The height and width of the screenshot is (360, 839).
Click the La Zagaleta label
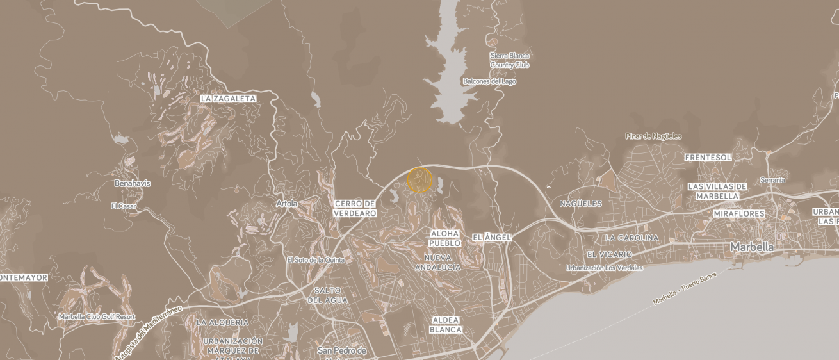click(228, 99)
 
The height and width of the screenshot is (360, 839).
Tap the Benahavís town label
click(132, 183)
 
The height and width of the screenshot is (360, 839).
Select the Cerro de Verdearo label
click(355, 208)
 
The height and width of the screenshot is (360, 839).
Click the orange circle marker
click(420, 180)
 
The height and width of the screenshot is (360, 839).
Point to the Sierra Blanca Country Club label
click(510, 60)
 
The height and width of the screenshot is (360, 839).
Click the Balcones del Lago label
click(489, 81)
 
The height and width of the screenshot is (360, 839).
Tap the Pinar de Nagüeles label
click(653, 136)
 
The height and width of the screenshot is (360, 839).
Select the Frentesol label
click(708, 157)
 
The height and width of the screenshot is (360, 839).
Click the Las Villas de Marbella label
click(717, 191)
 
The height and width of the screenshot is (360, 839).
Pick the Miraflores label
click(739, 213)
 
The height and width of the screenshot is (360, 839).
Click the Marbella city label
click(752, 247)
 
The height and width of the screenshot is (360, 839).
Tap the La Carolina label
click(631, 238)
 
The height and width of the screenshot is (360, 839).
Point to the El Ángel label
click(492, 238)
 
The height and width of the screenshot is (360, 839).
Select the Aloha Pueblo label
click(445, 238)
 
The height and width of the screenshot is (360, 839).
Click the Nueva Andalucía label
click(437, 262)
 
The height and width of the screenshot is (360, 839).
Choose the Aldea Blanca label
click(446, 325)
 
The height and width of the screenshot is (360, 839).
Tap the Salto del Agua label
click(327, 295)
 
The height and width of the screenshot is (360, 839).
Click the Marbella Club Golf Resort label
click(97, 316)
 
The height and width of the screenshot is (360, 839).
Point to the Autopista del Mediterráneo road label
click(149, 331)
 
